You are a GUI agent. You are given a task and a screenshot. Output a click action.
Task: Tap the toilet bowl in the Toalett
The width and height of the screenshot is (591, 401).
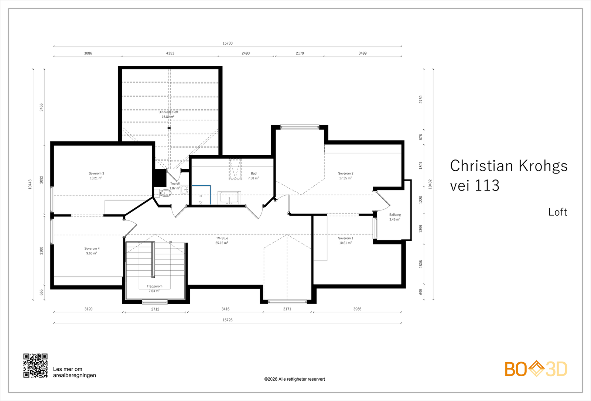point(166,193)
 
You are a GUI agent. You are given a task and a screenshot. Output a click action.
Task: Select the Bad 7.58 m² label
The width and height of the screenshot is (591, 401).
point(253,176)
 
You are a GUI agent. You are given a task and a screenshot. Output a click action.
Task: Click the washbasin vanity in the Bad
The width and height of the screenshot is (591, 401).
point(229,198)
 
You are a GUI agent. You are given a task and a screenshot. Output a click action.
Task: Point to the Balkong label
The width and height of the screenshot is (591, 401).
point(395,215)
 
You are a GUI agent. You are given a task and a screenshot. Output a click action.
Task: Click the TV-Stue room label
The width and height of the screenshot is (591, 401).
point(222,238)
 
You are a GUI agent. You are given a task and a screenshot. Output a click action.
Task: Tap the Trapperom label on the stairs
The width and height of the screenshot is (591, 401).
point(155,286)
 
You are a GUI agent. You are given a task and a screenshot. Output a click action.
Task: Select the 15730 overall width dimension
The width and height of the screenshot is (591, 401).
point(228,43)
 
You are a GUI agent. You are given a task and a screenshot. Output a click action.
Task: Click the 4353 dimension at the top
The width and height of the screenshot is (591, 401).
point(170,53)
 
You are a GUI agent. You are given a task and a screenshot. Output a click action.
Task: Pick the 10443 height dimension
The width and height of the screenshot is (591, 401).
point(30,184)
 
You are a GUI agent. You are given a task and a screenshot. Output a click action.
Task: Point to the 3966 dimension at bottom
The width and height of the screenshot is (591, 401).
point(358,309)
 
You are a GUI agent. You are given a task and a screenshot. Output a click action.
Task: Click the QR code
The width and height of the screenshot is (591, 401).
point(35,366)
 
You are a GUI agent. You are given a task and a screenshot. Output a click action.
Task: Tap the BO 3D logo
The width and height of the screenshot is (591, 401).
point(536,369)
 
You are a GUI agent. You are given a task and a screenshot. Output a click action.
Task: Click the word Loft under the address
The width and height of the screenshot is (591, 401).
point(558,212)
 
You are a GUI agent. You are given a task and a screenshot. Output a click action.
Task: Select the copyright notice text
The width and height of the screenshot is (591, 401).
point(295,379)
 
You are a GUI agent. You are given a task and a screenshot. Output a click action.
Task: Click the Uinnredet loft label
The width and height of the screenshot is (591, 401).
point(168,112)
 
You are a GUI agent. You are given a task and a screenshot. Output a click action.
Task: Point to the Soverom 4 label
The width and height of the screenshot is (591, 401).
point(92,249)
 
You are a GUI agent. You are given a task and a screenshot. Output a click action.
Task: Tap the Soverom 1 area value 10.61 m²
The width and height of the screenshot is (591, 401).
point(345,243)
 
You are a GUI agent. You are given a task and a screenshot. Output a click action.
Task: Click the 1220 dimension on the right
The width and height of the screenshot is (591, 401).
point(421,200)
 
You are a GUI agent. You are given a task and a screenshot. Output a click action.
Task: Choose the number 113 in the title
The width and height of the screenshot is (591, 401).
point(487,185)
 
